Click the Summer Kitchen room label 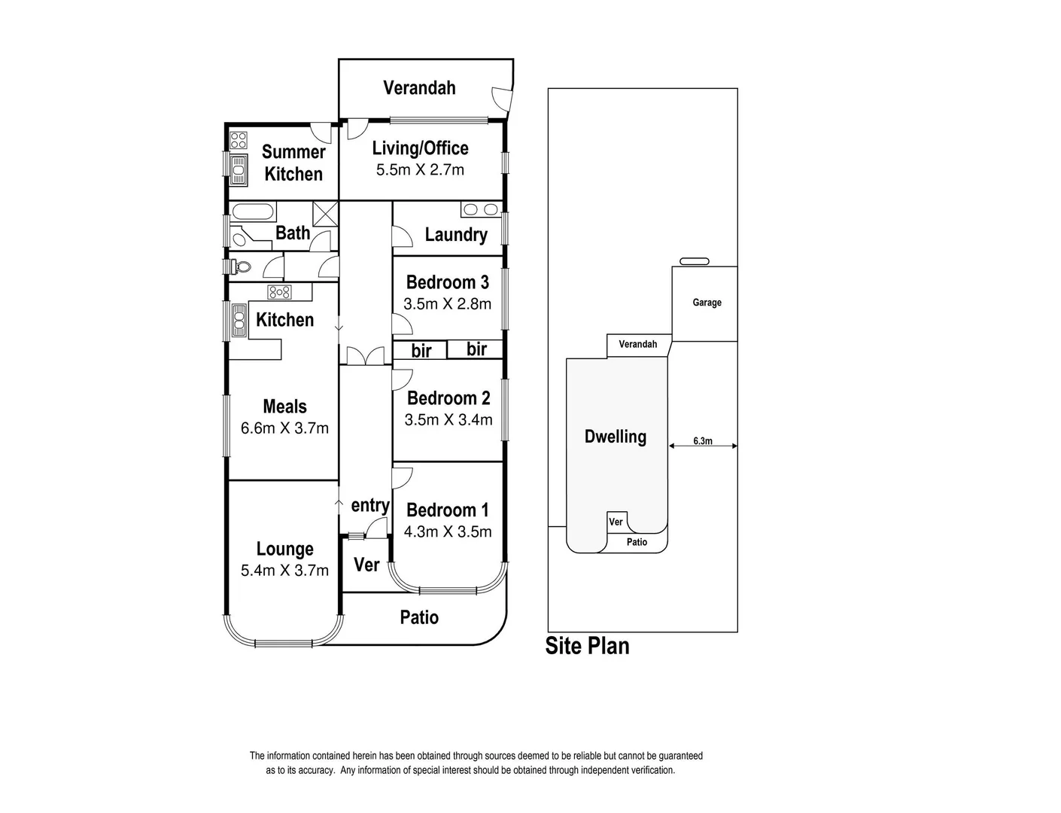[293, 163]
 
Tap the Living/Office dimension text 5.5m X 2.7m [420, 170]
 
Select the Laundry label [455, 235]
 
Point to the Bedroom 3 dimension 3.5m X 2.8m [447, 304]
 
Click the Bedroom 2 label [448, 398]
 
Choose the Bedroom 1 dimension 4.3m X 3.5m [448, 532]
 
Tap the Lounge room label [284, 550]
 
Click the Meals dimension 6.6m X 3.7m [284, 428]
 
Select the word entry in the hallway [370, 505]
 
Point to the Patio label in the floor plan [419, 618]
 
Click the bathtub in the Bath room [252, 212]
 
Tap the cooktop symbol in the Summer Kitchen [239, 139]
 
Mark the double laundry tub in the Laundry [481, 209]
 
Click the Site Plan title [587, 647]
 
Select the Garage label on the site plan [707, 303]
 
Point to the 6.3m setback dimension [702, 441]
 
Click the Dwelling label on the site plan [615, 437]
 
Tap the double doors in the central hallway [365, 356]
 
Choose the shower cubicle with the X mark [326, 212]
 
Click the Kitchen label [284, 320]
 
